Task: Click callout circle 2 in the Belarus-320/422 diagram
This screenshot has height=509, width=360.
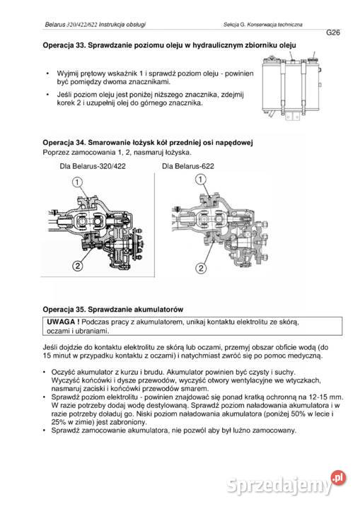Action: [76, 266]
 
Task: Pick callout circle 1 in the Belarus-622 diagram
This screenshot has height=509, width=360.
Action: [201, 181]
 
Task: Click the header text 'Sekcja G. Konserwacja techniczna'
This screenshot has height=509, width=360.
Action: [262, 25]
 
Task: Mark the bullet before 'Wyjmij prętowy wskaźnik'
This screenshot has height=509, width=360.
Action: [47, 74]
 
